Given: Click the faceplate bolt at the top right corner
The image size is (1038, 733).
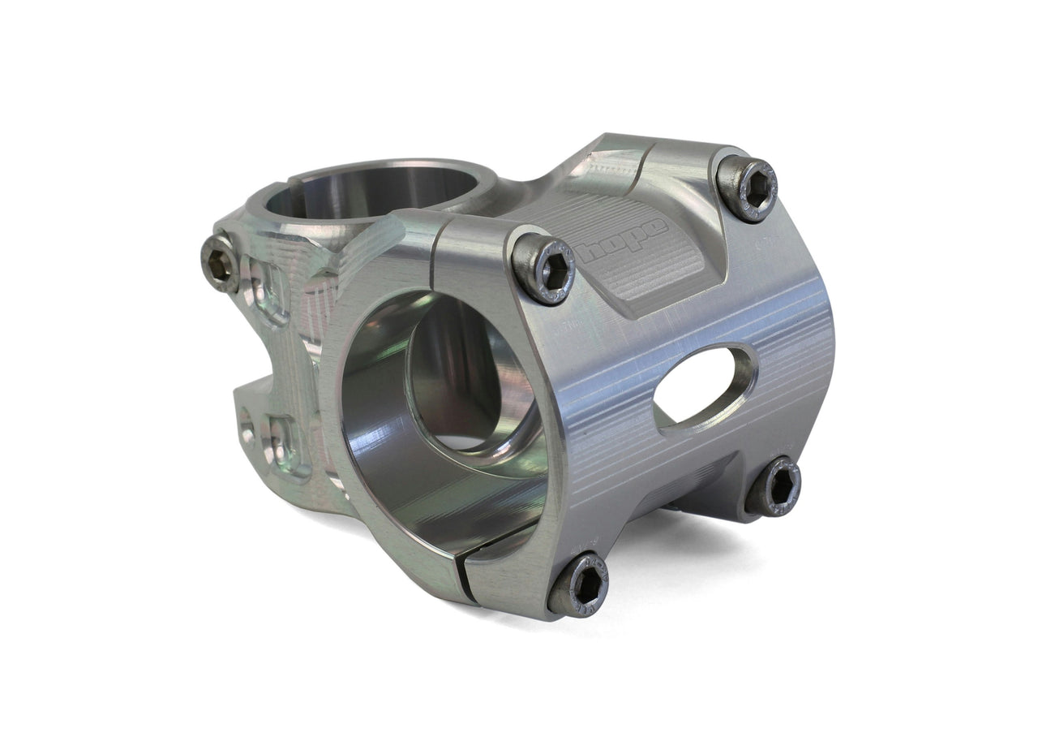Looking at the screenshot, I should click(747, 188).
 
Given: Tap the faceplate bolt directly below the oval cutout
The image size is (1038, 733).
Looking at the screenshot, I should click(773, 486).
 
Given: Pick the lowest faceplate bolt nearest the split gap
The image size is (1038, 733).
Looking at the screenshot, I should click(578, 585).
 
